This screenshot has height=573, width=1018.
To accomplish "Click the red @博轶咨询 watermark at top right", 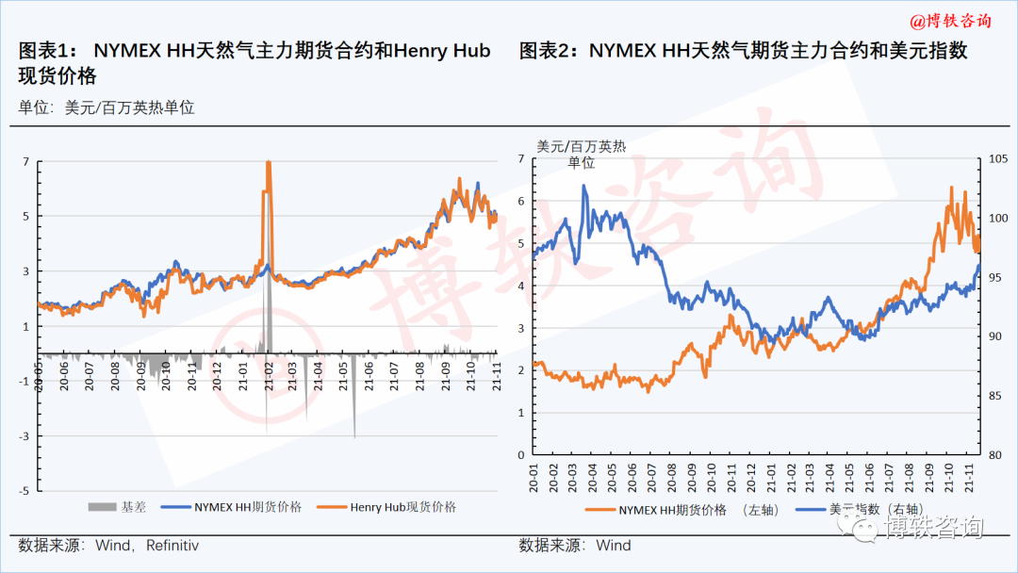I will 949,20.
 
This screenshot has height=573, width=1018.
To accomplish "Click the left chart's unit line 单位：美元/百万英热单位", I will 107,107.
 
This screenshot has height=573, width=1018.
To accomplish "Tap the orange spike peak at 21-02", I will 269,163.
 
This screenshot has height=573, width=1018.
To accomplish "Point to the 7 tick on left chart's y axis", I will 26,161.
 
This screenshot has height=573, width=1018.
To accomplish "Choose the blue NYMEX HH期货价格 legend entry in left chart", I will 235,507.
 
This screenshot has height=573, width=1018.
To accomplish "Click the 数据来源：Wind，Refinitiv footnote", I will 109,545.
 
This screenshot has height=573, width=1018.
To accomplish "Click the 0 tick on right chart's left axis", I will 521,454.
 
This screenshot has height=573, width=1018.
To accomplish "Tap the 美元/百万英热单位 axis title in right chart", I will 582,154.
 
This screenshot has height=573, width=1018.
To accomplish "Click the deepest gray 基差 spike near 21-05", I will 354,436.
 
